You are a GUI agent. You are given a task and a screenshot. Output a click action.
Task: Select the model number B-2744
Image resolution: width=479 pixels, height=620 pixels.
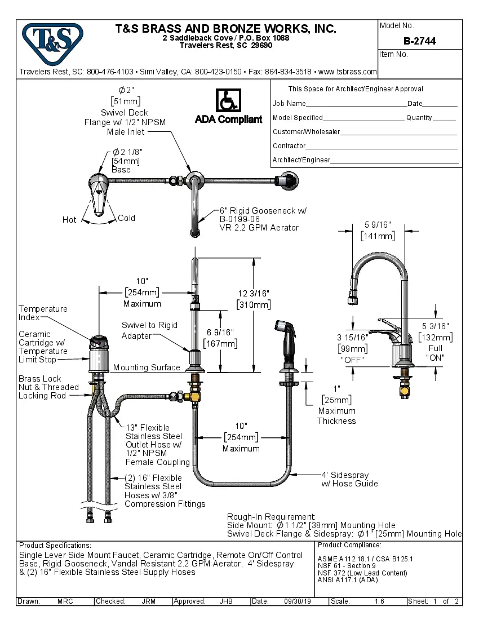[x=419, y=41]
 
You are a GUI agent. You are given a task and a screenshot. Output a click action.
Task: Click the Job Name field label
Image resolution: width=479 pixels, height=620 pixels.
[x=289, y=104]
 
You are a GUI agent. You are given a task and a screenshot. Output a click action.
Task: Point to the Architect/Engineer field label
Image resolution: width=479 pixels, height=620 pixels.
[x=301, y=160]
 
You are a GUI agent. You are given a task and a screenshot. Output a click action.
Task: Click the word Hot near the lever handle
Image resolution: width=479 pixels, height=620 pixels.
[x=69, y=220]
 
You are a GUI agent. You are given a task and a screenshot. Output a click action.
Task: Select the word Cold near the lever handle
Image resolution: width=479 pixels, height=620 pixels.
[x=126, y=218]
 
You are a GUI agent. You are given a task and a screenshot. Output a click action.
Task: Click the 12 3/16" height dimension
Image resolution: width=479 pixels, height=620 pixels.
[x=254, y=293]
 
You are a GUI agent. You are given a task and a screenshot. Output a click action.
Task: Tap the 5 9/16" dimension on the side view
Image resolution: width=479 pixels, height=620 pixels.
[x=377, y=225]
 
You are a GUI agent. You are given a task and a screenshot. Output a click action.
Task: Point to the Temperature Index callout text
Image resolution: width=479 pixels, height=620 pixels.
[x=43, y=313]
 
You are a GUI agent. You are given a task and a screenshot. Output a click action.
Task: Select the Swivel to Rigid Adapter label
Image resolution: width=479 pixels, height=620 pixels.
[x=149, y=330]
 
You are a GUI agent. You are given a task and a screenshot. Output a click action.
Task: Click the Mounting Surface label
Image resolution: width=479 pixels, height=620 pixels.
[x=147, y=367]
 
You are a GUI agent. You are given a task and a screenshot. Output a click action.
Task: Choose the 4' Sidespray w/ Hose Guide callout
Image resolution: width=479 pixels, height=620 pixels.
[x=349, y=479]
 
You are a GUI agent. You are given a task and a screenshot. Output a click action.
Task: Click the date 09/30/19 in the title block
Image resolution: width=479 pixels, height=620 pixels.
[x=298, y=601]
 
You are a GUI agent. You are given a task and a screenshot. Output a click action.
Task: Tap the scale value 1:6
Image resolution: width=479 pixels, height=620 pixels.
[x=379, y=601]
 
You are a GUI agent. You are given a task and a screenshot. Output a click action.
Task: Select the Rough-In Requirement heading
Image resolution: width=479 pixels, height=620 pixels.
[x=271, y=517]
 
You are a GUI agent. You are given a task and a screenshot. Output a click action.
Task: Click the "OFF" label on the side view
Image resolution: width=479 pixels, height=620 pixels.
[x=353, y=359]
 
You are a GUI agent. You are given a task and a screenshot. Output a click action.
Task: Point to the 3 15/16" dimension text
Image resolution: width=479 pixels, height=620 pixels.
[x=353, y=337]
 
